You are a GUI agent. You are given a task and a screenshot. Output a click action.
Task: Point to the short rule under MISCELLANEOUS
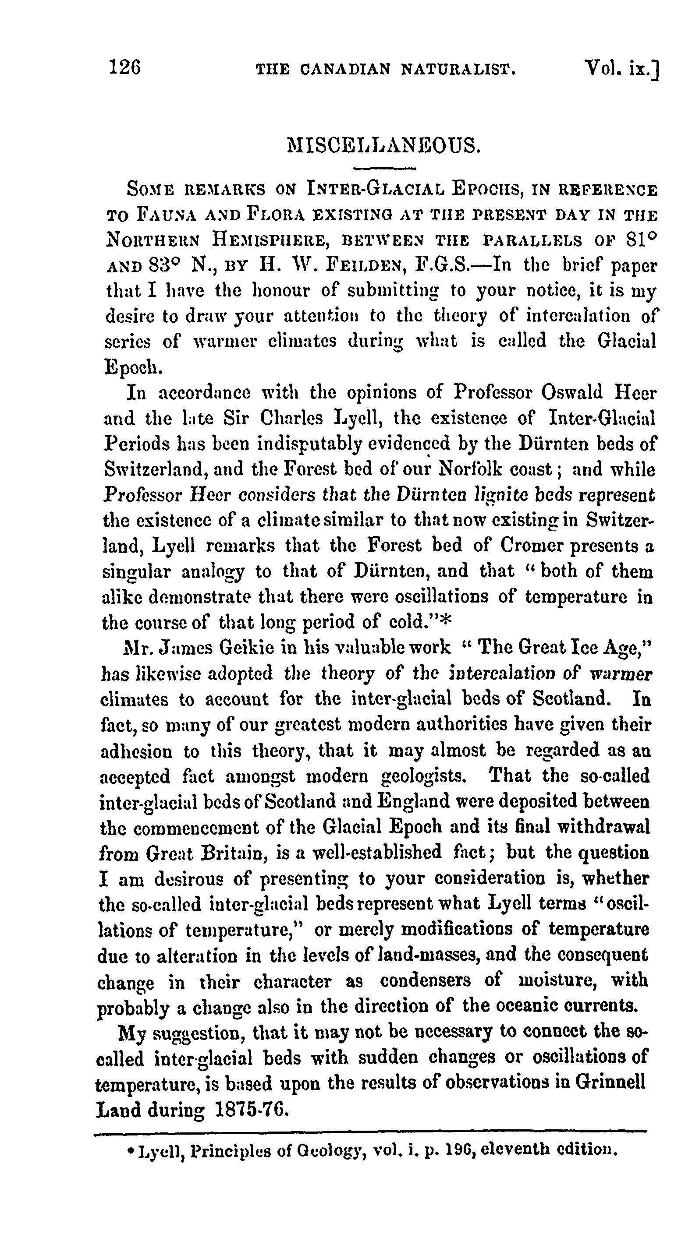click(383, 169)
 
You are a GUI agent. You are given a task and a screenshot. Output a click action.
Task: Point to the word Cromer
click(532, 545)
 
